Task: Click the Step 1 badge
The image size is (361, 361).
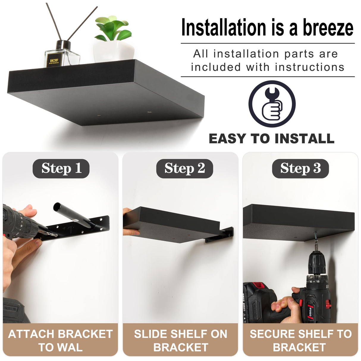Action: pyautogui.click(x=61, y=169)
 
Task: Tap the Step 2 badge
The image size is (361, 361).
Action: pyautogui.click(x=184, y=169)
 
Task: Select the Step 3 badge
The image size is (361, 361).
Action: pyautogui.click(x=300, y=169)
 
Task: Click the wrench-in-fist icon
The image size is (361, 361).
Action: pyautogui.click(x=272, y=104)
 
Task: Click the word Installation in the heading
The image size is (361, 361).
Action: pyautogui.click(x=224, y=28)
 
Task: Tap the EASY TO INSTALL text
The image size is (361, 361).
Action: pyautogui.click(x=271, y=139)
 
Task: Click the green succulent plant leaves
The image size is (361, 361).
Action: pyautogui.click(x=113, y=28)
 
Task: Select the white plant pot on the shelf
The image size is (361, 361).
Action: pyautogui.click(x=113, y=51)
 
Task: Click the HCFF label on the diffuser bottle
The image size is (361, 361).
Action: pyautogui.click(x=54, y=61)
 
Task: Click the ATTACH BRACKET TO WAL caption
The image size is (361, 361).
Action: pyautogui.click(x=60, y=340)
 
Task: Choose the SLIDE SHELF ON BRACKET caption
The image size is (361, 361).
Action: pyautogui.click(x=180, y=340)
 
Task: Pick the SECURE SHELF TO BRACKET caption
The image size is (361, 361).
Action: pyautogui.click(x=300, y=340)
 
